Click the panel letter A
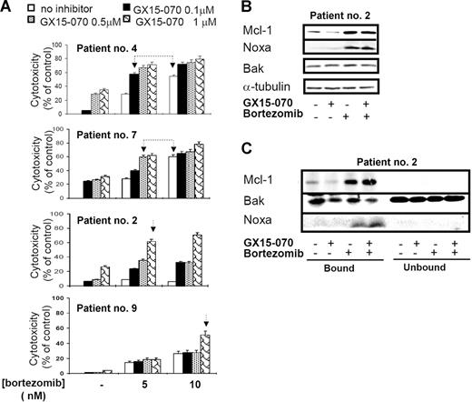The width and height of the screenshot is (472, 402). tap(7, 8)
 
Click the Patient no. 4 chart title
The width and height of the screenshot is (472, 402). tap(105, 53)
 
